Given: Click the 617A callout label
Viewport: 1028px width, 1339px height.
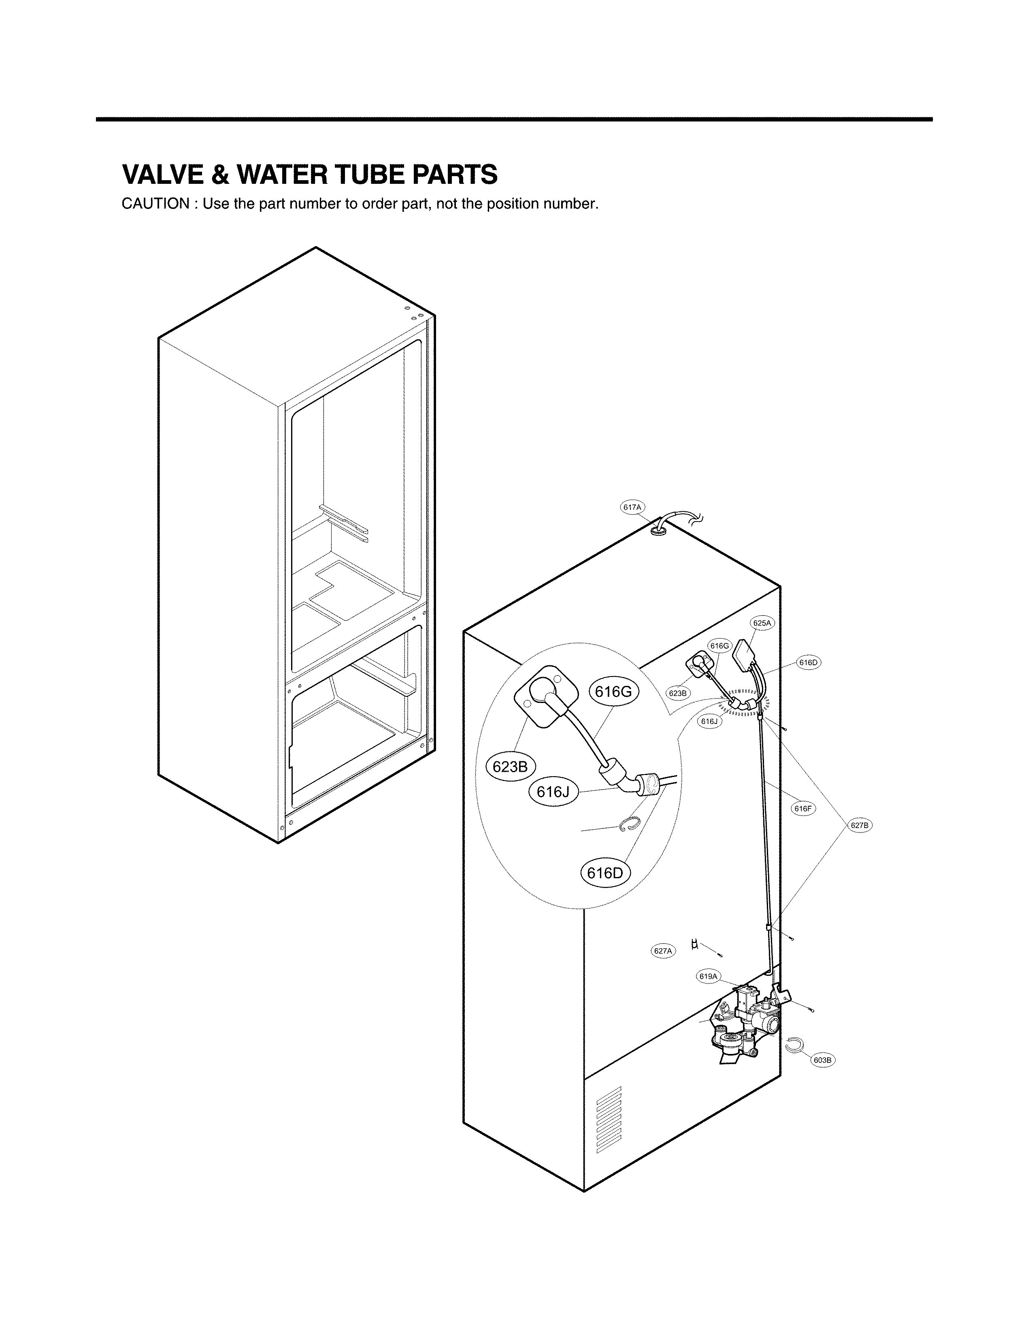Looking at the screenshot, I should point(632,507).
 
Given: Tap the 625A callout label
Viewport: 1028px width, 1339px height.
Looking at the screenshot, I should point(762,623).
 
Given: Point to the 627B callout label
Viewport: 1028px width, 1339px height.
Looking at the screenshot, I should point(859,826).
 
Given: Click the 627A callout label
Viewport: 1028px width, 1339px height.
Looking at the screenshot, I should point(663,950).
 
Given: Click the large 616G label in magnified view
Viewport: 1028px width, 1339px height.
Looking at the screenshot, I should point(613,692).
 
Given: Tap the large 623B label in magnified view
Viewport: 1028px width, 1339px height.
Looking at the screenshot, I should point(510,766).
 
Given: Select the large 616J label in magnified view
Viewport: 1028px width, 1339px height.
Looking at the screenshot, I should point(553,792).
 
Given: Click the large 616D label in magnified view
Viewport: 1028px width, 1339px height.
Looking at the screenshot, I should point(604,873).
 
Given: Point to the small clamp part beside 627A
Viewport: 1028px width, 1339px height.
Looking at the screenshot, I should point(694,944).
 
